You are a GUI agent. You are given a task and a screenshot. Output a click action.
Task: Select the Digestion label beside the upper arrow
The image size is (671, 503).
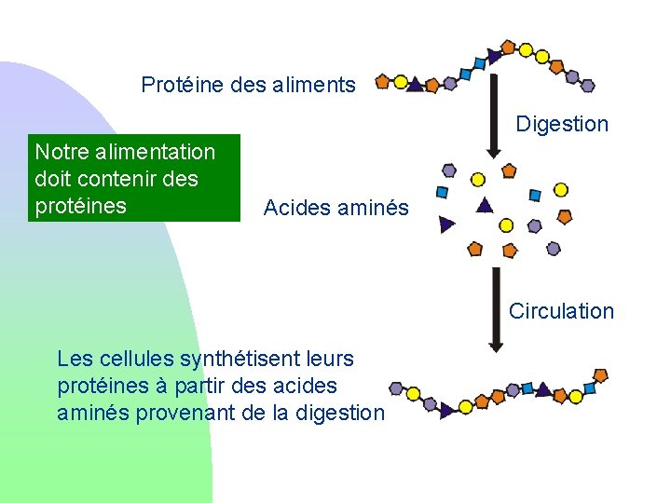click(x=562, y=124)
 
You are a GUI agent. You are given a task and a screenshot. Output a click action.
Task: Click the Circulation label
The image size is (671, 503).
click(x=561, y=311)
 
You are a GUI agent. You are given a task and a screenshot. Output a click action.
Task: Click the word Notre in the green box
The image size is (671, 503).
click(x=59, y=152)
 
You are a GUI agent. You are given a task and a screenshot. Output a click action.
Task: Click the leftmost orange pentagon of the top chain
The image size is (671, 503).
click(x=382, y=82)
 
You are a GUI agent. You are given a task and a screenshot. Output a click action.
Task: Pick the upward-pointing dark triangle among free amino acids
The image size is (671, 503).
click(x=483, y=205)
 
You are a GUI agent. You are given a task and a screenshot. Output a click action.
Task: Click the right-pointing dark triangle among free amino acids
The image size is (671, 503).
click(x=447, y=224)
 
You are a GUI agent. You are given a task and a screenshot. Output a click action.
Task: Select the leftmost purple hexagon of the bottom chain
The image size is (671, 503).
click(x=397, y=388)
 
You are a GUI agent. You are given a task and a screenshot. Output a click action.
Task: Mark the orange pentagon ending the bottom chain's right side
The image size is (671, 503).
click(x=600, y=374)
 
